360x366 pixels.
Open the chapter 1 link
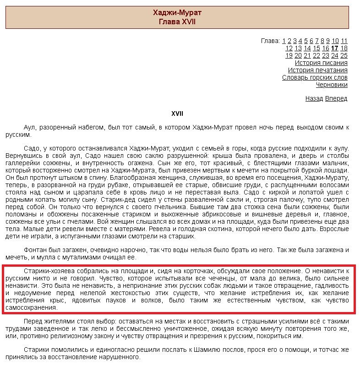tap(284, 41)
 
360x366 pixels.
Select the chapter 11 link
tap(344, 41)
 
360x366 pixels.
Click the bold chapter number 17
tap(334, 48)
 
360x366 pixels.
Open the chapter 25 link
tap(344, 55)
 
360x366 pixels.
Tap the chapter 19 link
tap(289, 55)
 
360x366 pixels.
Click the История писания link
tap(321, 63)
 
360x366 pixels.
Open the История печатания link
tap(317, 70)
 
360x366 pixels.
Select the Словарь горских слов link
tap(315, 77)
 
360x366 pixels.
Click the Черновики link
tap(332, 85)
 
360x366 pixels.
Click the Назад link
tap(314, 98)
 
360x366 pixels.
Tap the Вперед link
tap(336, 98)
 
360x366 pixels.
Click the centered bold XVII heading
tap(177, 113)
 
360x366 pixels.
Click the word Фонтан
tap(35, 250)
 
